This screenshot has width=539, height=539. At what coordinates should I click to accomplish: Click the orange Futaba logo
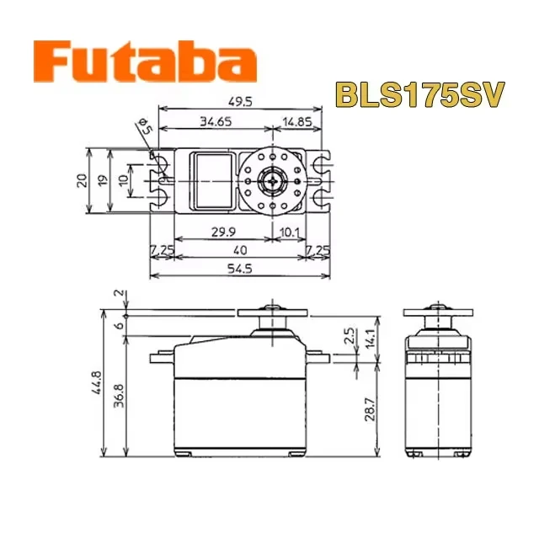click(x=145, y=61)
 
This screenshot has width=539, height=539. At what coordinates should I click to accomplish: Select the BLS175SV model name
click(x=420, y=94)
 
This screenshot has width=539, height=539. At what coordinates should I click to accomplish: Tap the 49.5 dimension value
click(x=240, y=102)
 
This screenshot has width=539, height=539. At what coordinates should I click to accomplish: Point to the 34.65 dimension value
click(x=216, y=121)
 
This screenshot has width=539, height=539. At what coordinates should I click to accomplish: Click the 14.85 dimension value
click(x=297, y=121)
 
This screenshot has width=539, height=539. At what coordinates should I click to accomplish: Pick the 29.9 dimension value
click(x=223, y=232)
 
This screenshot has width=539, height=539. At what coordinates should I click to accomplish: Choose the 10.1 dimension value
click(x=289, y=232)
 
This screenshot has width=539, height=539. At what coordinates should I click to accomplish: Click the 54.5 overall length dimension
click(x=240, y=269)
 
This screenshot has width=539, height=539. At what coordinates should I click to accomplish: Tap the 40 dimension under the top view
click(x=240, y=250)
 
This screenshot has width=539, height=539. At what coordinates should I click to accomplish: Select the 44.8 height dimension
click(x=97, y=382)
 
